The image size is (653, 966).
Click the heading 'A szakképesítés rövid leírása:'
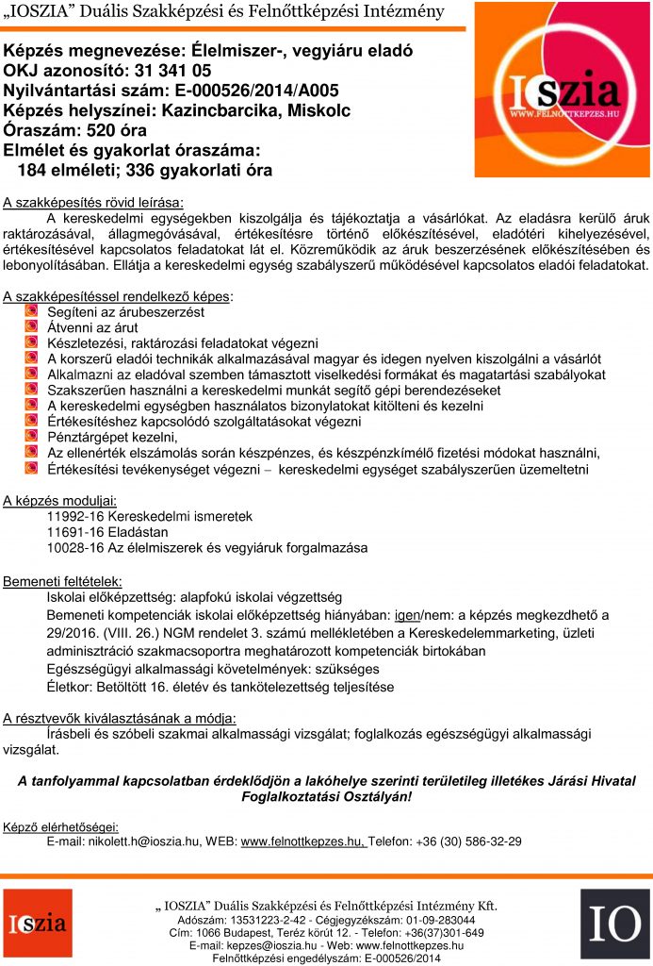click(94, 202)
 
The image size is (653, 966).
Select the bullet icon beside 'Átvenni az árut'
click(31, 326)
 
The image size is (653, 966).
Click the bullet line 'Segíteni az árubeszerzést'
click(125, 311)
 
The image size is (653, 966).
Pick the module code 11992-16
click(74, 516)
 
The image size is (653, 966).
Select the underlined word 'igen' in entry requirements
click(406, 614)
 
